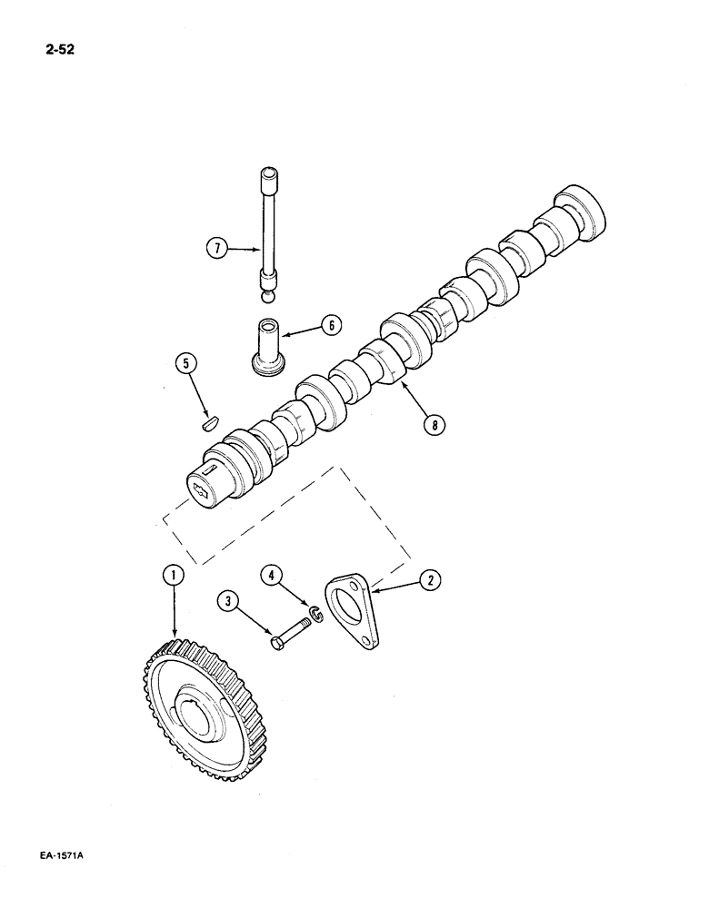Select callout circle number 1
click(173, 574)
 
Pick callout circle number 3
click(228, 600)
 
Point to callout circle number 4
click(271, 574)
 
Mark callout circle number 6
click(331, 324)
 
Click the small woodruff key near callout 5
click(210, 420)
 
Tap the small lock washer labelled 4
click(314, 617)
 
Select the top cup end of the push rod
click(269, 174)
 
